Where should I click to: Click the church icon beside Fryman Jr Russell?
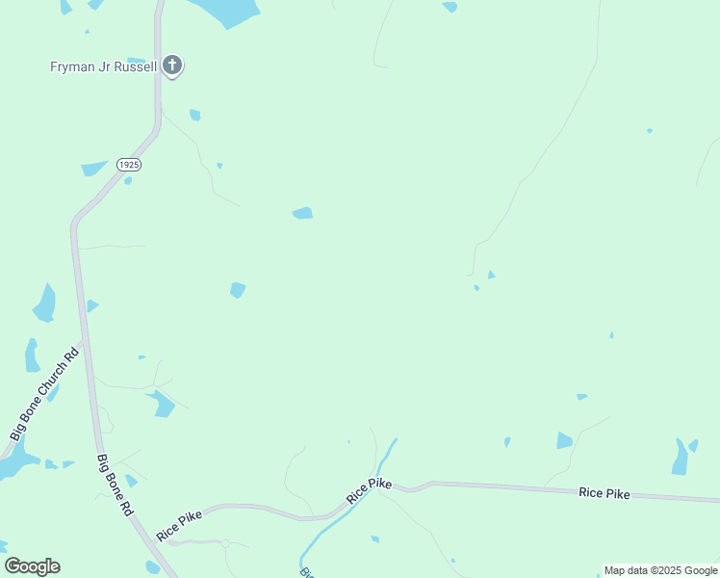coord(171,66)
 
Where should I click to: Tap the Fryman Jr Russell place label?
coord(103,66)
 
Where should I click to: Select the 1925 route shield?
coord(129,166)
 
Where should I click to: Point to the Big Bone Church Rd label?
coord(43,396)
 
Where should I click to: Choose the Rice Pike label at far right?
coord(604,493)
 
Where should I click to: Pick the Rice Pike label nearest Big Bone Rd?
coord(180,523)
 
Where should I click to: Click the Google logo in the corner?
coord(32,566)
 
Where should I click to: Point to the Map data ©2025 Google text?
coord(660,570)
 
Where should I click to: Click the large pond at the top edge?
coord(227,11)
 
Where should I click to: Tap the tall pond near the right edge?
coord(681,458)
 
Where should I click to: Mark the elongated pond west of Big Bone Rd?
coord(44,303)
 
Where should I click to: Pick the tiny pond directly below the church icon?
coord(195,116)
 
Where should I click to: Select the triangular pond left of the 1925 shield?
coord(93,168)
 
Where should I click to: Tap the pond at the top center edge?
coord(450,7)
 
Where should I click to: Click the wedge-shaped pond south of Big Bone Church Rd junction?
coord(162,405)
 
